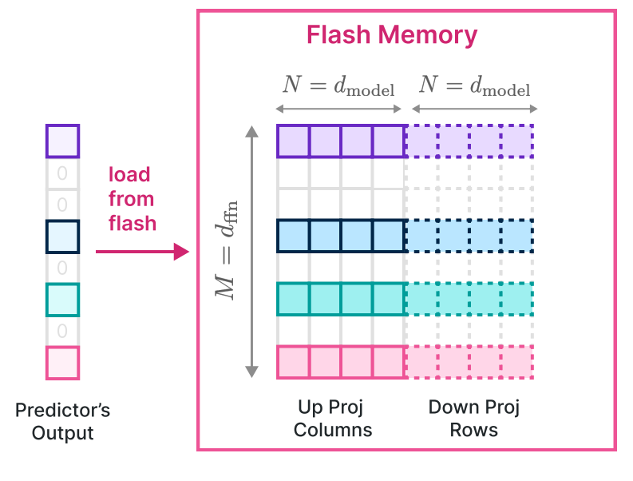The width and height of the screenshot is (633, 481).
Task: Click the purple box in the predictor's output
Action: (x=62, y=141)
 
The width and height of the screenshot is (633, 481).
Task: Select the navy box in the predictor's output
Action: (x=62, y=236)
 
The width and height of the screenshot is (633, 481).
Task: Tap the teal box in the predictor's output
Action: (x=62, y=299)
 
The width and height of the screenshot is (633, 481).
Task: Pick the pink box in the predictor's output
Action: (x=62, y=362)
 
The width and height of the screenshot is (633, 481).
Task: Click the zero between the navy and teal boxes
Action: (x=62, y=268)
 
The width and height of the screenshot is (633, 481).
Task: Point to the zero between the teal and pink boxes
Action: (x=62, y=330)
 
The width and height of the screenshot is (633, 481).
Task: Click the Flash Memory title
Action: (x=392, y=35)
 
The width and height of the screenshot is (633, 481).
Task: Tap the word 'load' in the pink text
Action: (x=129, y=174)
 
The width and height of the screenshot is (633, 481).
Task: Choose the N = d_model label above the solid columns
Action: (x=338, y=85)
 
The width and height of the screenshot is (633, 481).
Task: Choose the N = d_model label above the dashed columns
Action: (x=474, y=85)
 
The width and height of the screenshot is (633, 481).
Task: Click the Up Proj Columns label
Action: (x=332, y=419)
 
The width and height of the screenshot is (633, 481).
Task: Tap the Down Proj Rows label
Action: (x=474, y=419)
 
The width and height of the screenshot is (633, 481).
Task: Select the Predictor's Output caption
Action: (x=62, y=422)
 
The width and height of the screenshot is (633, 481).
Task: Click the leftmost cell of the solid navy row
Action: (x=293, y=236)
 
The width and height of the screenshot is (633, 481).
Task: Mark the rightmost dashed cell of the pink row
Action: (x=517, y=362)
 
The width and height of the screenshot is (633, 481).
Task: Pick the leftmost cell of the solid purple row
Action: (x=293, y=141)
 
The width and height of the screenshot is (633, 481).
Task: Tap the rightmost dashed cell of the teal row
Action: (x=517, y=299)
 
